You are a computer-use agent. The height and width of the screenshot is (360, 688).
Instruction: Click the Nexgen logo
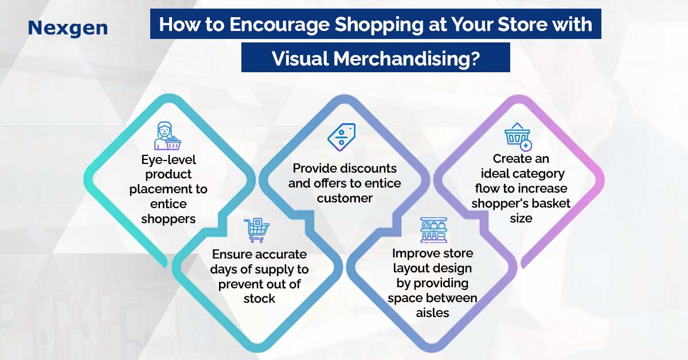(x=68, y=28)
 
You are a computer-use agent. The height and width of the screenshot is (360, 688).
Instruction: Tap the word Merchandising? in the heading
(x=406, y=58)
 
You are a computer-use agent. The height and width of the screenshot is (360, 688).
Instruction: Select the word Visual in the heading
(x=300, y=58)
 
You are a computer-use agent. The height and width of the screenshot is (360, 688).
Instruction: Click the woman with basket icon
(x=167, y=136)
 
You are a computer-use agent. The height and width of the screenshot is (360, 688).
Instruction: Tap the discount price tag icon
(x=342, y=138)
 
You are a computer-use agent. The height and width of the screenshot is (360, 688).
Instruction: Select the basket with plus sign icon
(x=518, y=136)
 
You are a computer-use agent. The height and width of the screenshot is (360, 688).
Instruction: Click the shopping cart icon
(x=257, y=230)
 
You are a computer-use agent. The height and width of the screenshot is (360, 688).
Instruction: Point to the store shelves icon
(x=433, y=230)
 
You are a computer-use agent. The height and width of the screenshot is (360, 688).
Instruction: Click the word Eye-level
(x=169, y=160)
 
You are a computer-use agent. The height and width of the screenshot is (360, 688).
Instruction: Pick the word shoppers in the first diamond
(x=169, y=220)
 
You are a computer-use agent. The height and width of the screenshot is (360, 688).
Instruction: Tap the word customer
(x=345, y=198)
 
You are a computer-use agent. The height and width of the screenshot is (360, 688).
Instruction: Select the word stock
(x=259, y=299)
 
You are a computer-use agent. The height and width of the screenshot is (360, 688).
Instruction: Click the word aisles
(x=432, y=313)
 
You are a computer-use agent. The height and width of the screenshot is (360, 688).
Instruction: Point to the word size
(x=521, y=218)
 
